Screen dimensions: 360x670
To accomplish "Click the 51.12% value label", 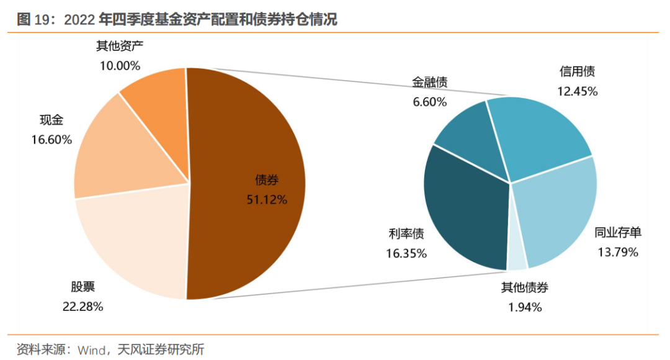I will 267,199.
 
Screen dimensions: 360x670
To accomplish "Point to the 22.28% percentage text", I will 83,306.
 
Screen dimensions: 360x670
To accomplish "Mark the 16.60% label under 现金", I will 51,140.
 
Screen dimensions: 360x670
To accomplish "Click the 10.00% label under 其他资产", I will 120,65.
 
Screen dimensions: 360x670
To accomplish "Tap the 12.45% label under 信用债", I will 577,91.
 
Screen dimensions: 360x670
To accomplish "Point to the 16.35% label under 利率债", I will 406,253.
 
